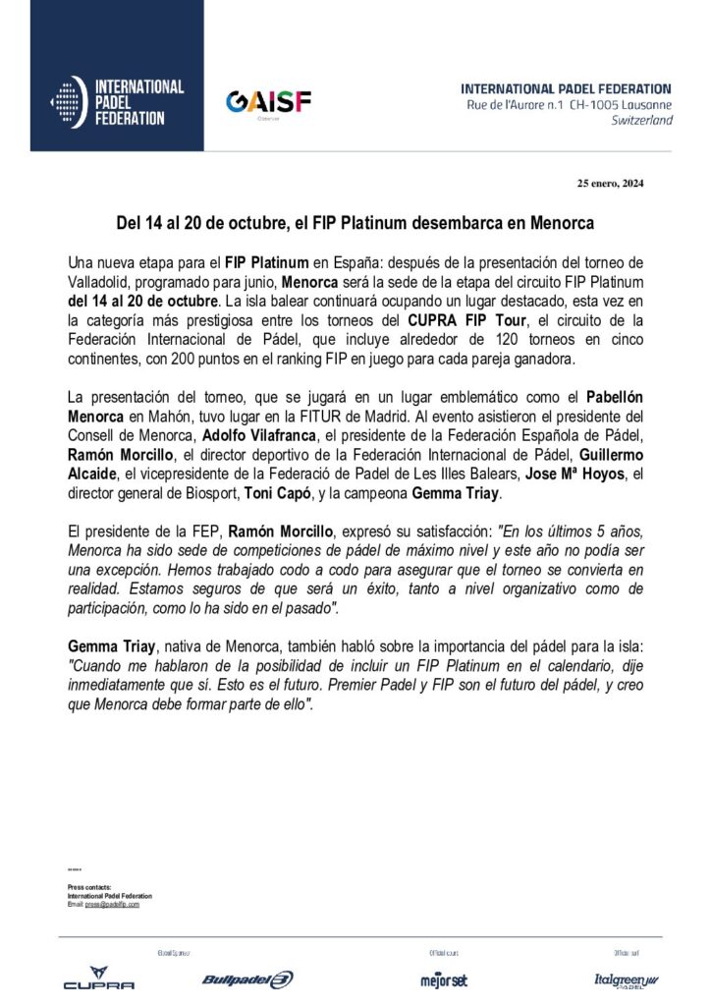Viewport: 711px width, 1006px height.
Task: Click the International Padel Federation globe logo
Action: pos(65,102)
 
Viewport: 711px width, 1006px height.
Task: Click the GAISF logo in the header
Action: pos(268,103)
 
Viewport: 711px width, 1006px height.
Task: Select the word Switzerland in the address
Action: pos(641,120)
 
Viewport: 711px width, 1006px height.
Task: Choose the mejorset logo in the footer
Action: pos(444,979)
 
